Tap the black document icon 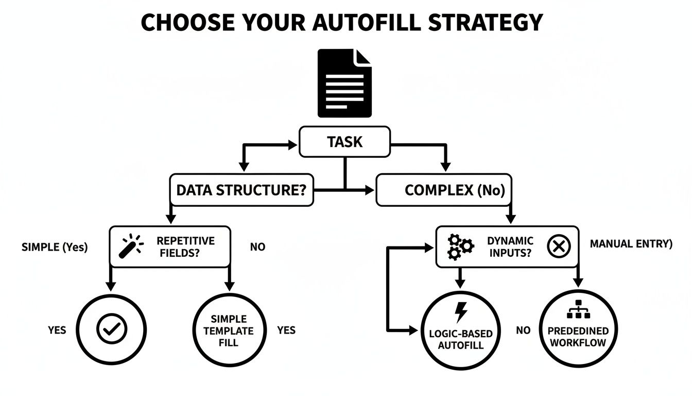point(344,84)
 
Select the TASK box point(344,142)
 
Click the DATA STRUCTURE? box point(241,190)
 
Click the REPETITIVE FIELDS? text point(186,246)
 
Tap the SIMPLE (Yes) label point(55,247)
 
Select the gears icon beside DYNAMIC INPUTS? point(460,246)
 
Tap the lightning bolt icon point(461,312)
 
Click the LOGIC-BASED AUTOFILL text point(461,339)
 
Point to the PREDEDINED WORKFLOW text point(578,336)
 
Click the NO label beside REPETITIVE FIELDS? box point(257,247)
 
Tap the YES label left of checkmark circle point(57,329)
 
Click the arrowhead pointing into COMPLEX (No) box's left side point(370,190)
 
